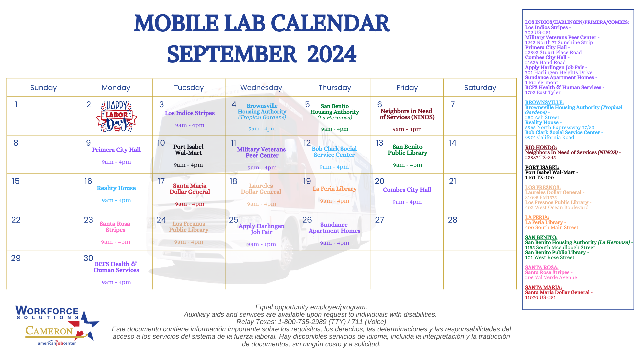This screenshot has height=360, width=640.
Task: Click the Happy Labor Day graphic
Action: click(x=116, y=116)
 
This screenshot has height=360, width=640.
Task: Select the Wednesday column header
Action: click(x=261, y=88)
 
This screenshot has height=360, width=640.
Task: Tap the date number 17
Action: click(x=161, y=181)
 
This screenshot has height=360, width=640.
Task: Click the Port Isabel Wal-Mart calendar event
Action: click(x=188, y=150)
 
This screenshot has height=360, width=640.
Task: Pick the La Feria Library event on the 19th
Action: click(x=335, y=189)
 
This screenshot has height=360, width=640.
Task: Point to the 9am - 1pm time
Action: click(x=262, y=244)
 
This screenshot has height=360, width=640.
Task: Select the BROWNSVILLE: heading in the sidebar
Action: click(x=544, y=102)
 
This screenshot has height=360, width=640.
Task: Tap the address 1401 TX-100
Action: click(x=539, y=178)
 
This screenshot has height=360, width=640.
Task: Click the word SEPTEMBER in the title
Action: click(x=232, y=54)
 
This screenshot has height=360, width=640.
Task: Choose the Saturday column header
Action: click(x=480, y=88)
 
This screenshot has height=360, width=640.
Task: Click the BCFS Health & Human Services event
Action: click(x=116, y=267)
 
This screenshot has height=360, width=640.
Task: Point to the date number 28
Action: click(x=452, y=220)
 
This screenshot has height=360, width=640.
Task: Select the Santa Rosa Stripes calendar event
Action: click(x=115, y=227)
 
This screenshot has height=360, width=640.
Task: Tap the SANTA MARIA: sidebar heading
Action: click(x=543, y=287)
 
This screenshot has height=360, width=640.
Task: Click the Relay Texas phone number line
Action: click(x=311, y=322)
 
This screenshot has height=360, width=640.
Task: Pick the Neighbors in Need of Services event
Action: click(x=407, y=114)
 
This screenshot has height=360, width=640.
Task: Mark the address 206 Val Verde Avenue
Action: click(x=551, y=278)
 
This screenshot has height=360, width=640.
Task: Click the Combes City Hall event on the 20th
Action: click(x=407, y=190)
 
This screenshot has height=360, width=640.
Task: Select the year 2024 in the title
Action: click(x=332, y=54)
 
